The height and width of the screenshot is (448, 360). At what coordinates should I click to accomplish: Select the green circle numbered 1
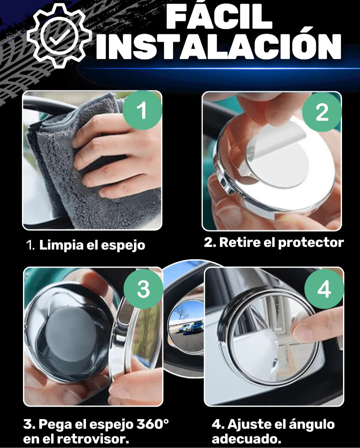point(142,110)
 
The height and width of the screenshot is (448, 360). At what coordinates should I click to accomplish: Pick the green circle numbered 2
point(322,112)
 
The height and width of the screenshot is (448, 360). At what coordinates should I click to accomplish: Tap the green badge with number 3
point(143,289)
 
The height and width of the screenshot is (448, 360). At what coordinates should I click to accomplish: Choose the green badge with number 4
point(324,289)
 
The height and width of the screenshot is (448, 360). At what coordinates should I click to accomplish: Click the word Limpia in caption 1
point(61,245)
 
